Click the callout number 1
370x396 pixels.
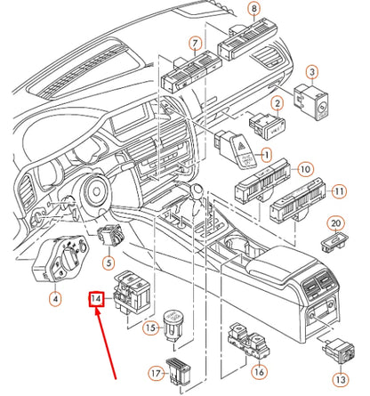[x=264, y=155]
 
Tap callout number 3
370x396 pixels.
[x=313, y=71]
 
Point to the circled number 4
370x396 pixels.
[x=55, y=298]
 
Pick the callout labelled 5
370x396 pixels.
[x=107, y=263]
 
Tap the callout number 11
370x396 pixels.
[x=338, y=191]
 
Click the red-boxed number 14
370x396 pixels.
[x=96, y=301]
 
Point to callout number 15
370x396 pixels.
[x=150, y=329]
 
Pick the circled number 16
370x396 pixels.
[x=259, y=373]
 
